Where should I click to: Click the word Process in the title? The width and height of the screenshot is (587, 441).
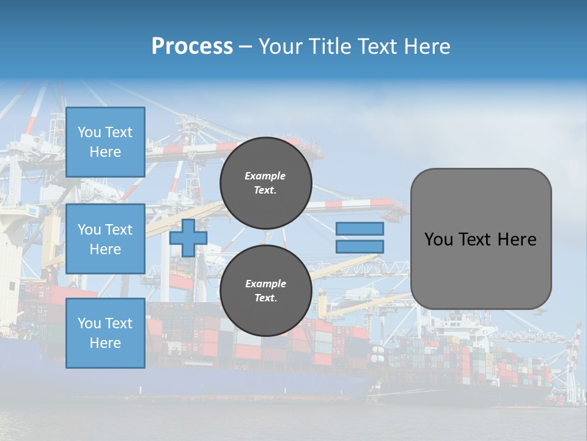(x=192, y=47)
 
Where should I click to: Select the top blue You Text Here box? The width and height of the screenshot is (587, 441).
(x=105, y=142)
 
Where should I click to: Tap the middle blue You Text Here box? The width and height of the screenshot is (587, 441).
(x=105, y=239)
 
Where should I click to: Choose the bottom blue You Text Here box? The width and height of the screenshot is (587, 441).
(x=105, y=333)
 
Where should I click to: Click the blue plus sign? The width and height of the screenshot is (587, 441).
(x=188, y=238)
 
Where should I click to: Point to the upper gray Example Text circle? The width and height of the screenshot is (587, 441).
(x=265, y=183)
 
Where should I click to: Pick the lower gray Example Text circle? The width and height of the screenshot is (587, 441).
(x=265, y=291)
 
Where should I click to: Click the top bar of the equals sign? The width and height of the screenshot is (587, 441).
(x=360, y=228)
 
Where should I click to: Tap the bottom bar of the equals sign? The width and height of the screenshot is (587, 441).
(x=360, y=246)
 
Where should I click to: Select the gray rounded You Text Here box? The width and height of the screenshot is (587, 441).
(x=481, y=238)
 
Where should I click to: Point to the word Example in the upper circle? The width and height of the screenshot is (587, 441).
(x=265, y=176)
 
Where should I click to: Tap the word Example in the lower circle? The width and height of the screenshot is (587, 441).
(x=265, y=284)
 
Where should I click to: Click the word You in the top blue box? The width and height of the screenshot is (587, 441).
(x=89, y=132)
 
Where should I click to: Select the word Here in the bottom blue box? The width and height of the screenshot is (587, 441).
(x=105, y=343)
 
